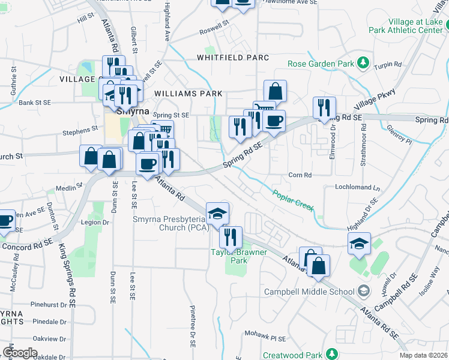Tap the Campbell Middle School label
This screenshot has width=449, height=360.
click(x=310, y=292)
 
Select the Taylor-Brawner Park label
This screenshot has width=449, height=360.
click(x=238, y=256)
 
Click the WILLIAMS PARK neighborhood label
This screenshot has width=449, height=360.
click(x=188, y=94)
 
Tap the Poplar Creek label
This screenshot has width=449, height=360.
click(x=293, y=199)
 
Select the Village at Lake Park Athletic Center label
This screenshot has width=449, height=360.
click(x=415, y=25)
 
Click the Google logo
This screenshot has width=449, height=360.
click(x=20, y=352)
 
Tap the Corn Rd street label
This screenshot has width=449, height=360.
click(x=301, y=175)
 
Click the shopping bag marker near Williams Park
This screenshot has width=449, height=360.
click(x=275, y=92)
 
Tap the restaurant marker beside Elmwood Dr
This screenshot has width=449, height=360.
click(x=324, y=107)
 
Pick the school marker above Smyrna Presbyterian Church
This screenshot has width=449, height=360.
click(x=217, y=212)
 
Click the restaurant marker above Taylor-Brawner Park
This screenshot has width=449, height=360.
click(x=231, y=238)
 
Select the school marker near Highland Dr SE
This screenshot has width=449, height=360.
click(x=359, y=244)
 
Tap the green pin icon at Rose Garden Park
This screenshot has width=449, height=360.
click(x=363, y=63)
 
